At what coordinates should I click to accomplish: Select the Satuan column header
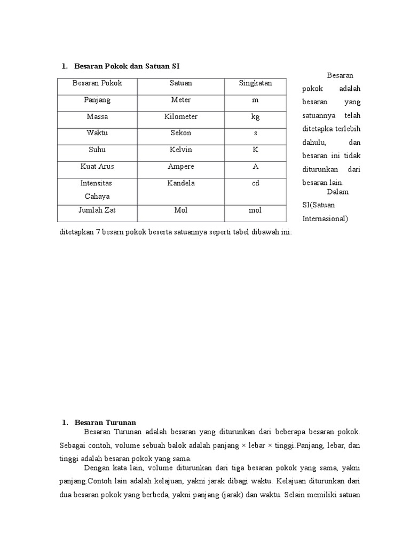point(181,83)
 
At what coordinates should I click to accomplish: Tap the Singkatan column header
point(255,83)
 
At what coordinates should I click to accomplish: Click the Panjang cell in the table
point(97,100)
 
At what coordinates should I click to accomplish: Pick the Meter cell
point(181,100)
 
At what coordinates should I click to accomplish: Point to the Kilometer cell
point(181,116)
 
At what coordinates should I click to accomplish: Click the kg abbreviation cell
point(255,116)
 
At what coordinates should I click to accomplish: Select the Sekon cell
point(181,133)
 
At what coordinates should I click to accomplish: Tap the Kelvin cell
point(181,150)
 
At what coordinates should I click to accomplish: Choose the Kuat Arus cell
point(97,166)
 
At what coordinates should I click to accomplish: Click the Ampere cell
point(181,166)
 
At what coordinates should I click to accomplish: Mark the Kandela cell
point(181,183)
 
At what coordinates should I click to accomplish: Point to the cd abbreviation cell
point(255,183)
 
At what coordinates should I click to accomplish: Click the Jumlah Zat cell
point(97,210)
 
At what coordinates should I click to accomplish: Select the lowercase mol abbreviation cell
point(255,210)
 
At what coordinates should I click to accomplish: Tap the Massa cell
point(97,116)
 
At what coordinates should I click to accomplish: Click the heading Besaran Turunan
point(106,423)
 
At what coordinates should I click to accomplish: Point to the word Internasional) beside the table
point(325,218)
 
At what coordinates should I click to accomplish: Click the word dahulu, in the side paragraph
point(314,143)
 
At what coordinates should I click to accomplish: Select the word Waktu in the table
point(97,133)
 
